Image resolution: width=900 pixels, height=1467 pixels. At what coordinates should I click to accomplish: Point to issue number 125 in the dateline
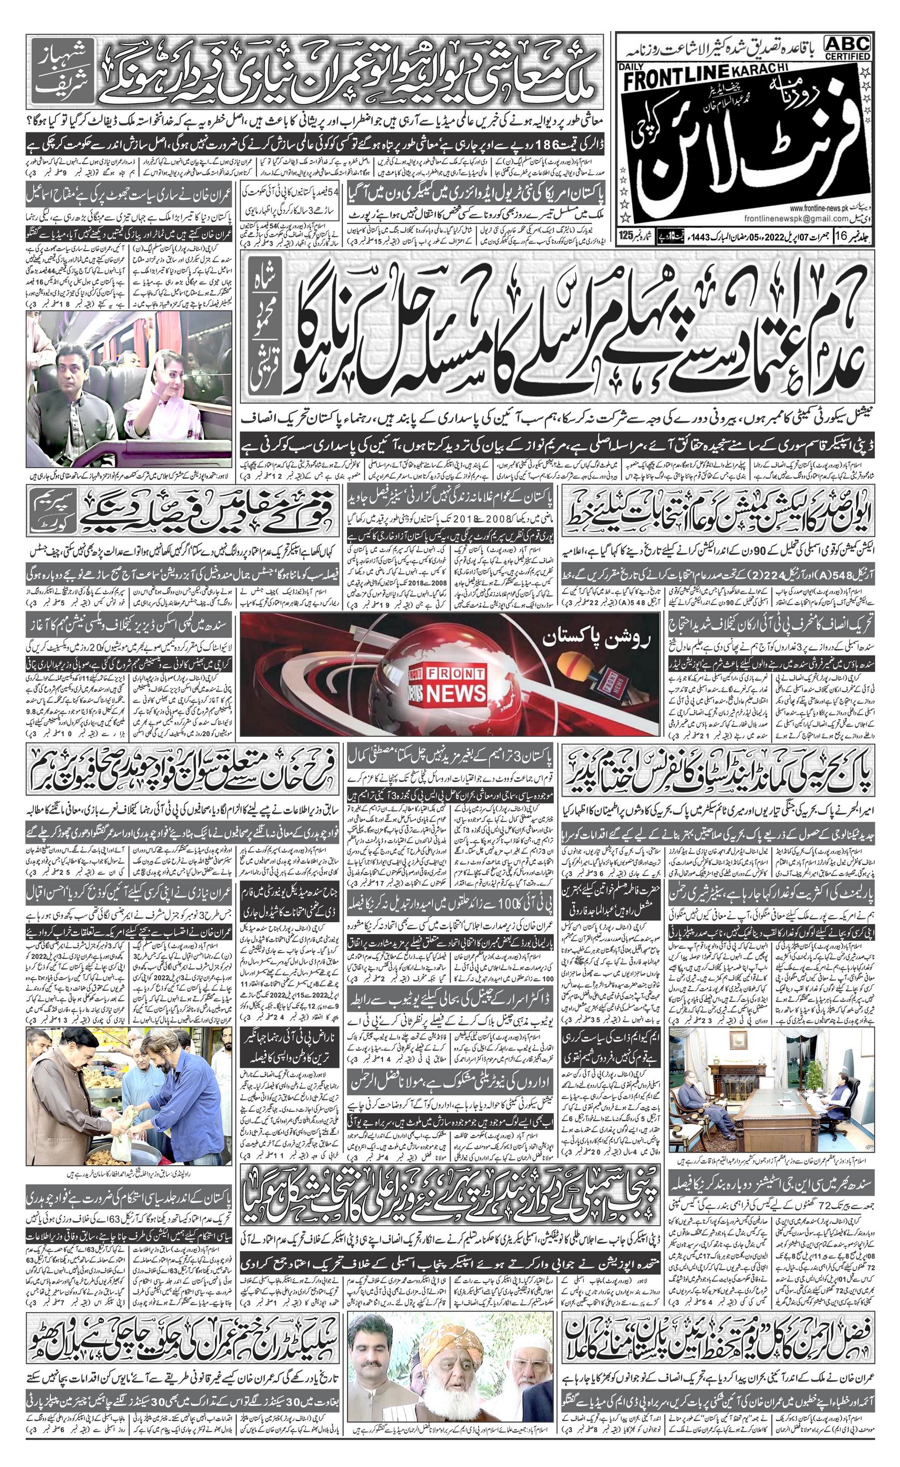point(625,234)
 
